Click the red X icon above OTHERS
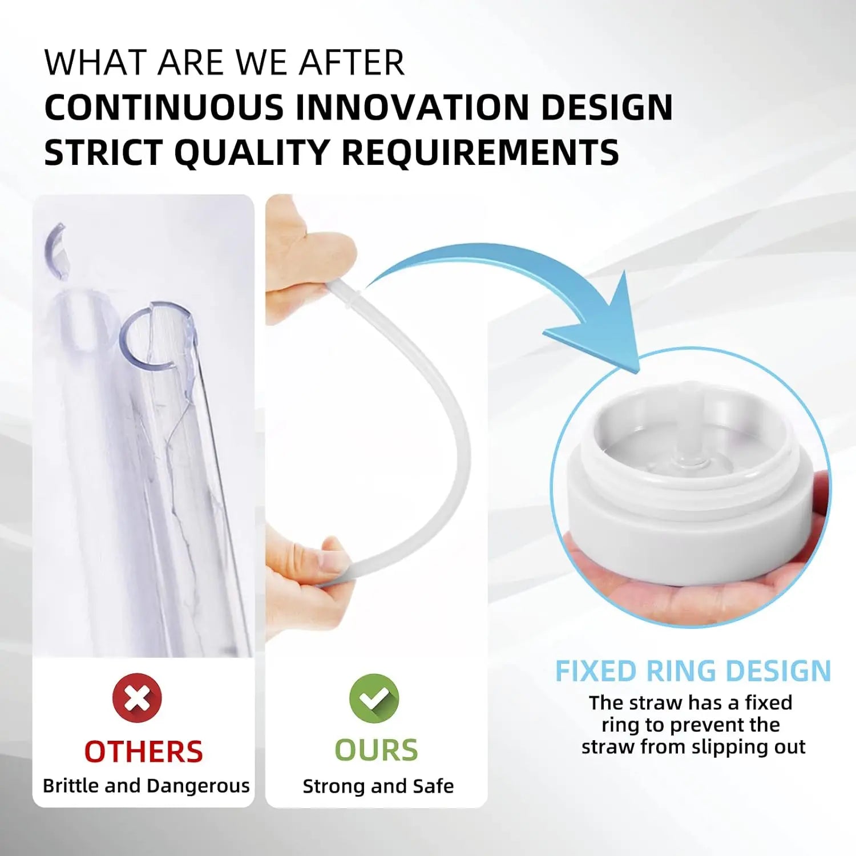(x=137, y=697)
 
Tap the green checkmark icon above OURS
(x=374, y=698)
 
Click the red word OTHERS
(x=143, y=752)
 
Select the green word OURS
(x=376, y=750)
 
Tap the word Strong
(x=334, y=787)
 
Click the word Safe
(x=433, y=786)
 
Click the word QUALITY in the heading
(x=252, y=152)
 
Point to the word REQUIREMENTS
(x=480, y=152)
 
